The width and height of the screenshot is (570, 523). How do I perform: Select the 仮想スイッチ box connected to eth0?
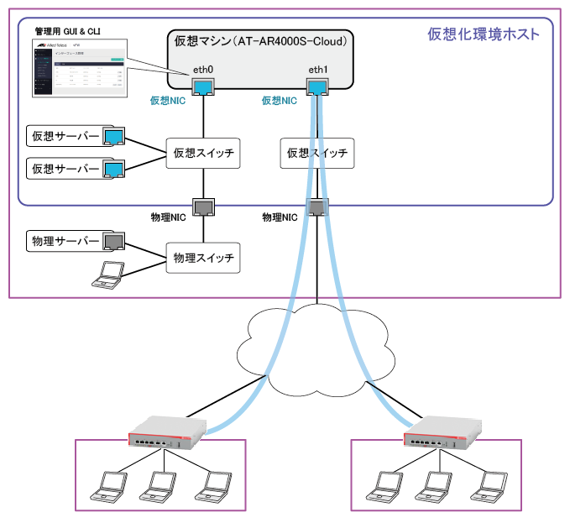tap(203, 154)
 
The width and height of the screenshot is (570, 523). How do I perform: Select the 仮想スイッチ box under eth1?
tap(316, 154)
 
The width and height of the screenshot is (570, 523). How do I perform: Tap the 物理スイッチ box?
tap(203, 256)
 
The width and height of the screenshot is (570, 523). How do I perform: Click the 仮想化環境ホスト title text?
tap(483, 34)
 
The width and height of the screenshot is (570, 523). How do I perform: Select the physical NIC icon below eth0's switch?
tap(203, 207)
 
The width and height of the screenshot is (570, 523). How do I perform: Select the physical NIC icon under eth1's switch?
tap(316, 207)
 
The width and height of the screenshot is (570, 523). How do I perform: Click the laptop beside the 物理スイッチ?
tap(109, 275)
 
